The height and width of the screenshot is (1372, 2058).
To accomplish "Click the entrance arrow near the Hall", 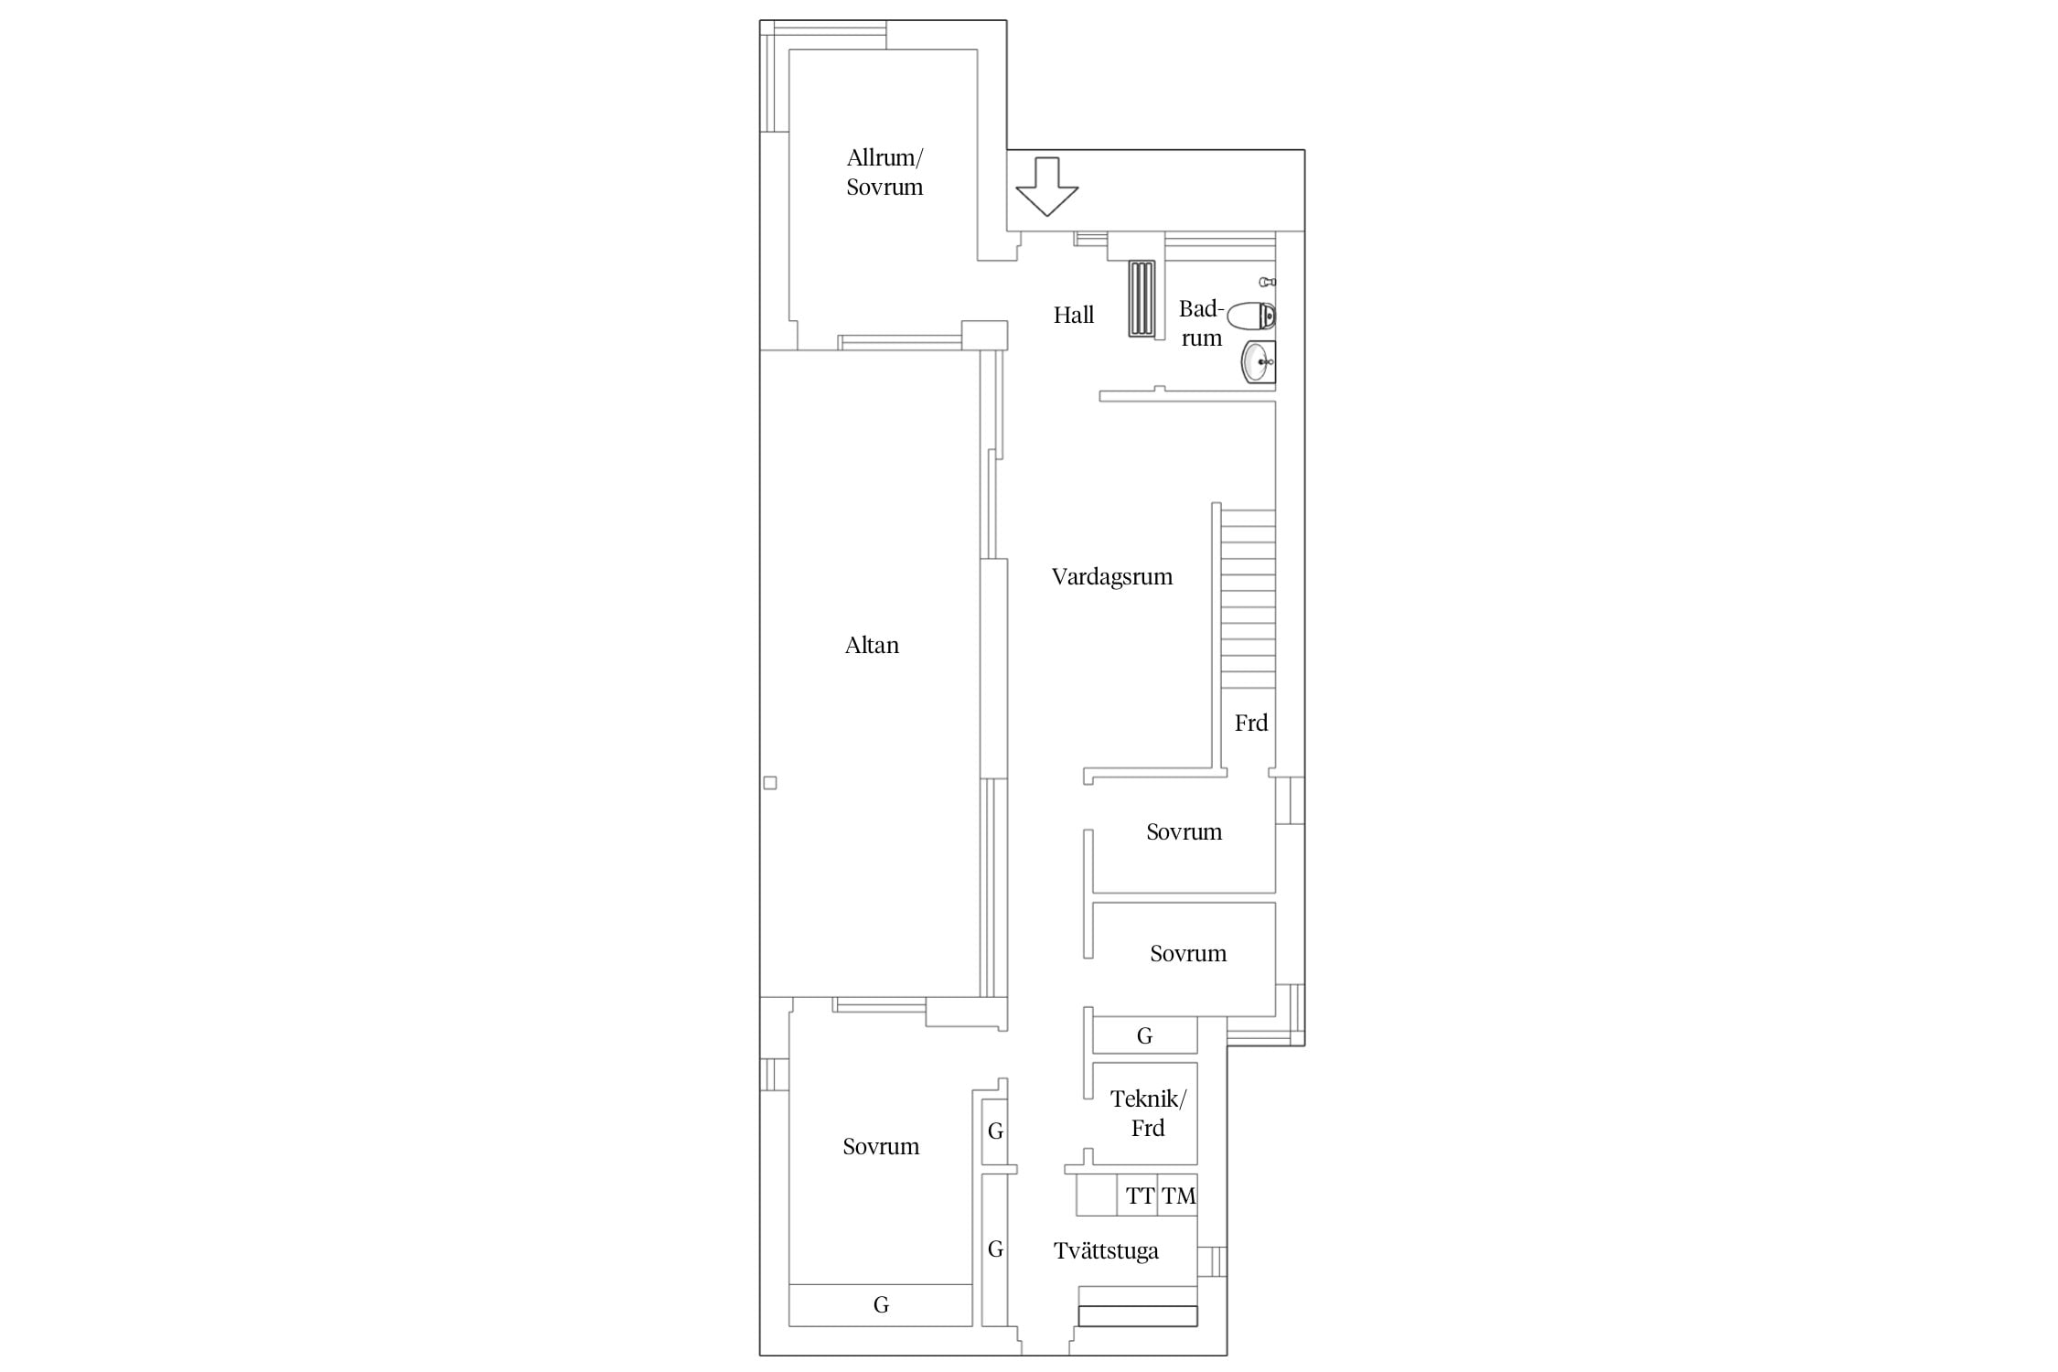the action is click(1047, 187).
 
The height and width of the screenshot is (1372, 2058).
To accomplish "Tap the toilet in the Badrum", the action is click(1251, 316).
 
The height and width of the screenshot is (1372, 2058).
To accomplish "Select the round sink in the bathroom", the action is click(1258, 362).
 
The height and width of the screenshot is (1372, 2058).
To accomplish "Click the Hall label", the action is click(1074, 316).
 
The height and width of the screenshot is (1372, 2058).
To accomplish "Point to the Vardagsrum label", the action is click(1112, 577).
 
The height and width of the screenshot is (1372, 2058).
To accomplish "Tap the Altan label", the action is click(872, 646).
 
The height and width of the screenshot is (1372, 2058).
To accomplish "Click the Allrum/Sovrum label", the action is click(884, 172).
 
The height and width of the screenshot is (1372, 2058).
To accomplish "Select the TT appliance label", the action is click(1140, 1195).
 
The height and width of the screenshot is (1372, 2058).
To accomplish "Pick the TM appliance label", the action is click(1179, 1195).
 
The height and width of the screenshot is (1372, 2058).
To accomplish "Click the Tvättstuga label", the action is click(1106, 1251).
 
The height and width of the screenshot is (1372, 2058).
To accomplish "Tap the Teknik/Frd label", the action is click(1148, 1113).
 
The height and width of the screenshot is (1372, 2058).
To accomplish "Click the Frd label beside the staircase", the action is click(1251, 724).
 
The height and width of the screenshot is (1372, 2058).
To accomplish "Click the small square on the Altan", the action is click(770, 783).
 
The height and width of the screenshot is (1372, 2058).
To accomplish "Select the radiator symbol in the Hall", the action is click(1142, 299).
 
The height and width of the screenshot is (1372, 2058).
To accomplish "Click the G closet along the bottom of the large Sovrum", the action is click(881, 1305).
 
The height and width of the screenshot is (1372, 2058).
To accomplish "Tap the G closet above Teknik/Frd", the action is click(1144, 1036).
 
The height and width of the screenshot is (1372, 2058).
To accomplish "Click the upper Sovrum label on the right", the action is click(1184, 832).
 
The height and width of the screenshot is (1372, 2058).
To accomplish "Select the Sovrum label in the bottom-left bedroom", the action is click(881, 1147).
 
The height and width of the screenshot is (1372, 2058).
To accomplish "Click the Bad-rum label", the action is click(1201, 324).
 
